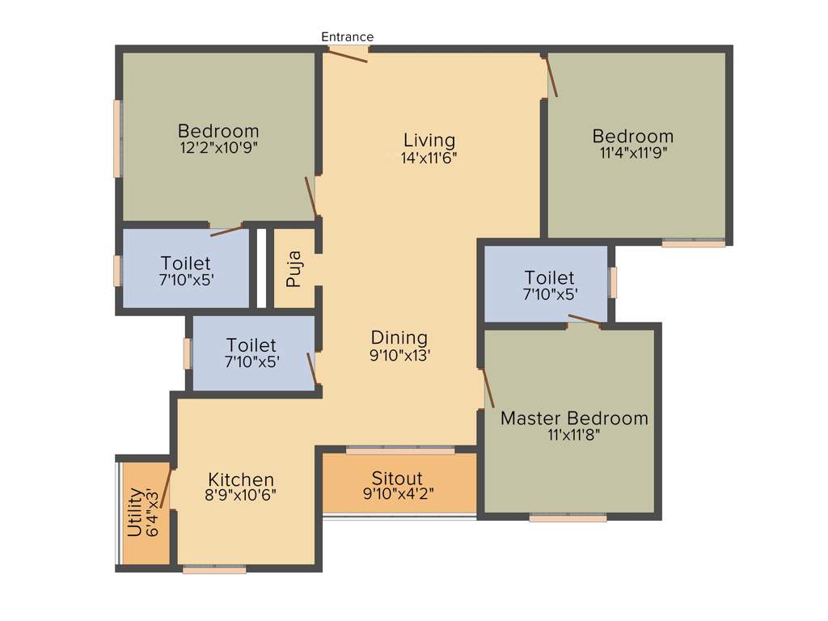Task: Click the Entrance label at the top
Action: pyautogui.click(x=347, y=36)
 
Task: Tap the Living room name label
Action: pyautogui.click(x=429, y=141)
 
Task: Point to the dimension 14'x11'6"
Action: pyautogui.click(x=429, y=158)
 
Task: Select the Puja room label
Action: pyautogui.click(x=294, y=270)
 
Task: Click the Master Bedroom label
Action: pyautogui.click(x=574, y=418)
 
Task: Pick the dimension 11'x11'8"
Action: pyautogui.click(x=573, y=435)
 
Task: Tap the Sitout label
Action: pyautogui.click(x=397, y=478)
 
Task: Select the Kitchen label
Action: pyautogui.click(x=241, y=479)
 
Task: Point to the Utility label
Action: pyautogui.click(x=135, y=513)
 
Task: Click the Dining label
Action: pyautogui.click(x=399, y=338)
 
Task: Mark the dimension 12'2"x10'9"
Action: pyautogui.click(x=218, y=148)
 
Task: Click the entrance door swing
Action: pyautogui.click(x=347, y=55)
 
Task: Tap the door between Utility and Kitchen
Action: pyautogui.click(x=167, y=487)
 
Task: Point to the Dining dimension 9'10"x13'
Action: pyautogui.click(x=400, y=354)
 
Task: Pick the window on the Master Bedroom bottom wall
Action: pyautogui.click(x=568, y=517)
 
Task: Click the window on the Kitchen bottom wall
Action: pyautogui.click(x=214, y=570)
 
